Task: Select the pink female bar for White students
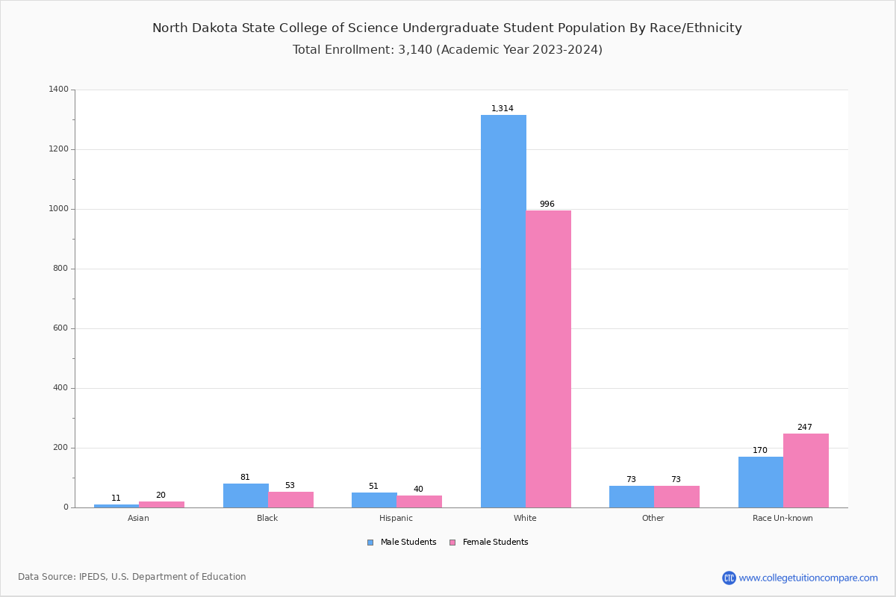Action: [x=548, y=359]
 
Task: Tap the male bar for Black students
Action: [x=246, y=496]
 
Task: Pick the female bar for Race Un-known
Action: [x=806, y=470]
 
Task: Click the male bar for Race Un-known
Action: [x=761, y=482]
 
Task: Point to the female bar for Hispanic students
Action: [x=420, y=501]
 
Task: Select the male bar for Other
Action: [x=632, y=496]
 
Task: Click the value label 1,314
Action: [x=503, y=109]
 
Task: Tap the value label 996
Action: [x=547, y=204]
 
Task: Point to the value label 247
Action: [x=805, y=428]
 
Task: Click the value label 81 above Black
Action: [x=245, y=478]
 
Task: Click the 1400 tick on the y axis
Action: [x=59, y=90]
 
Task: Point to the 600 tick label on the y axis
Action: [x=61, y=328]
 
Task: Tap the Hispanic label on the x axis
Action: [x=396, y=518]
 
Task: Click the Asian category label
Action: [x=138, y=518]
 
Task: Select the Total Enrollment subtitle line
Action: [x=447, y=50]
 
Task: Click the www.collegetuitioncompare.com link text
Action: [x=809, y=578]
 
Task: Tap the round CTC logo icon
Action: [x=729, y=578]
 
